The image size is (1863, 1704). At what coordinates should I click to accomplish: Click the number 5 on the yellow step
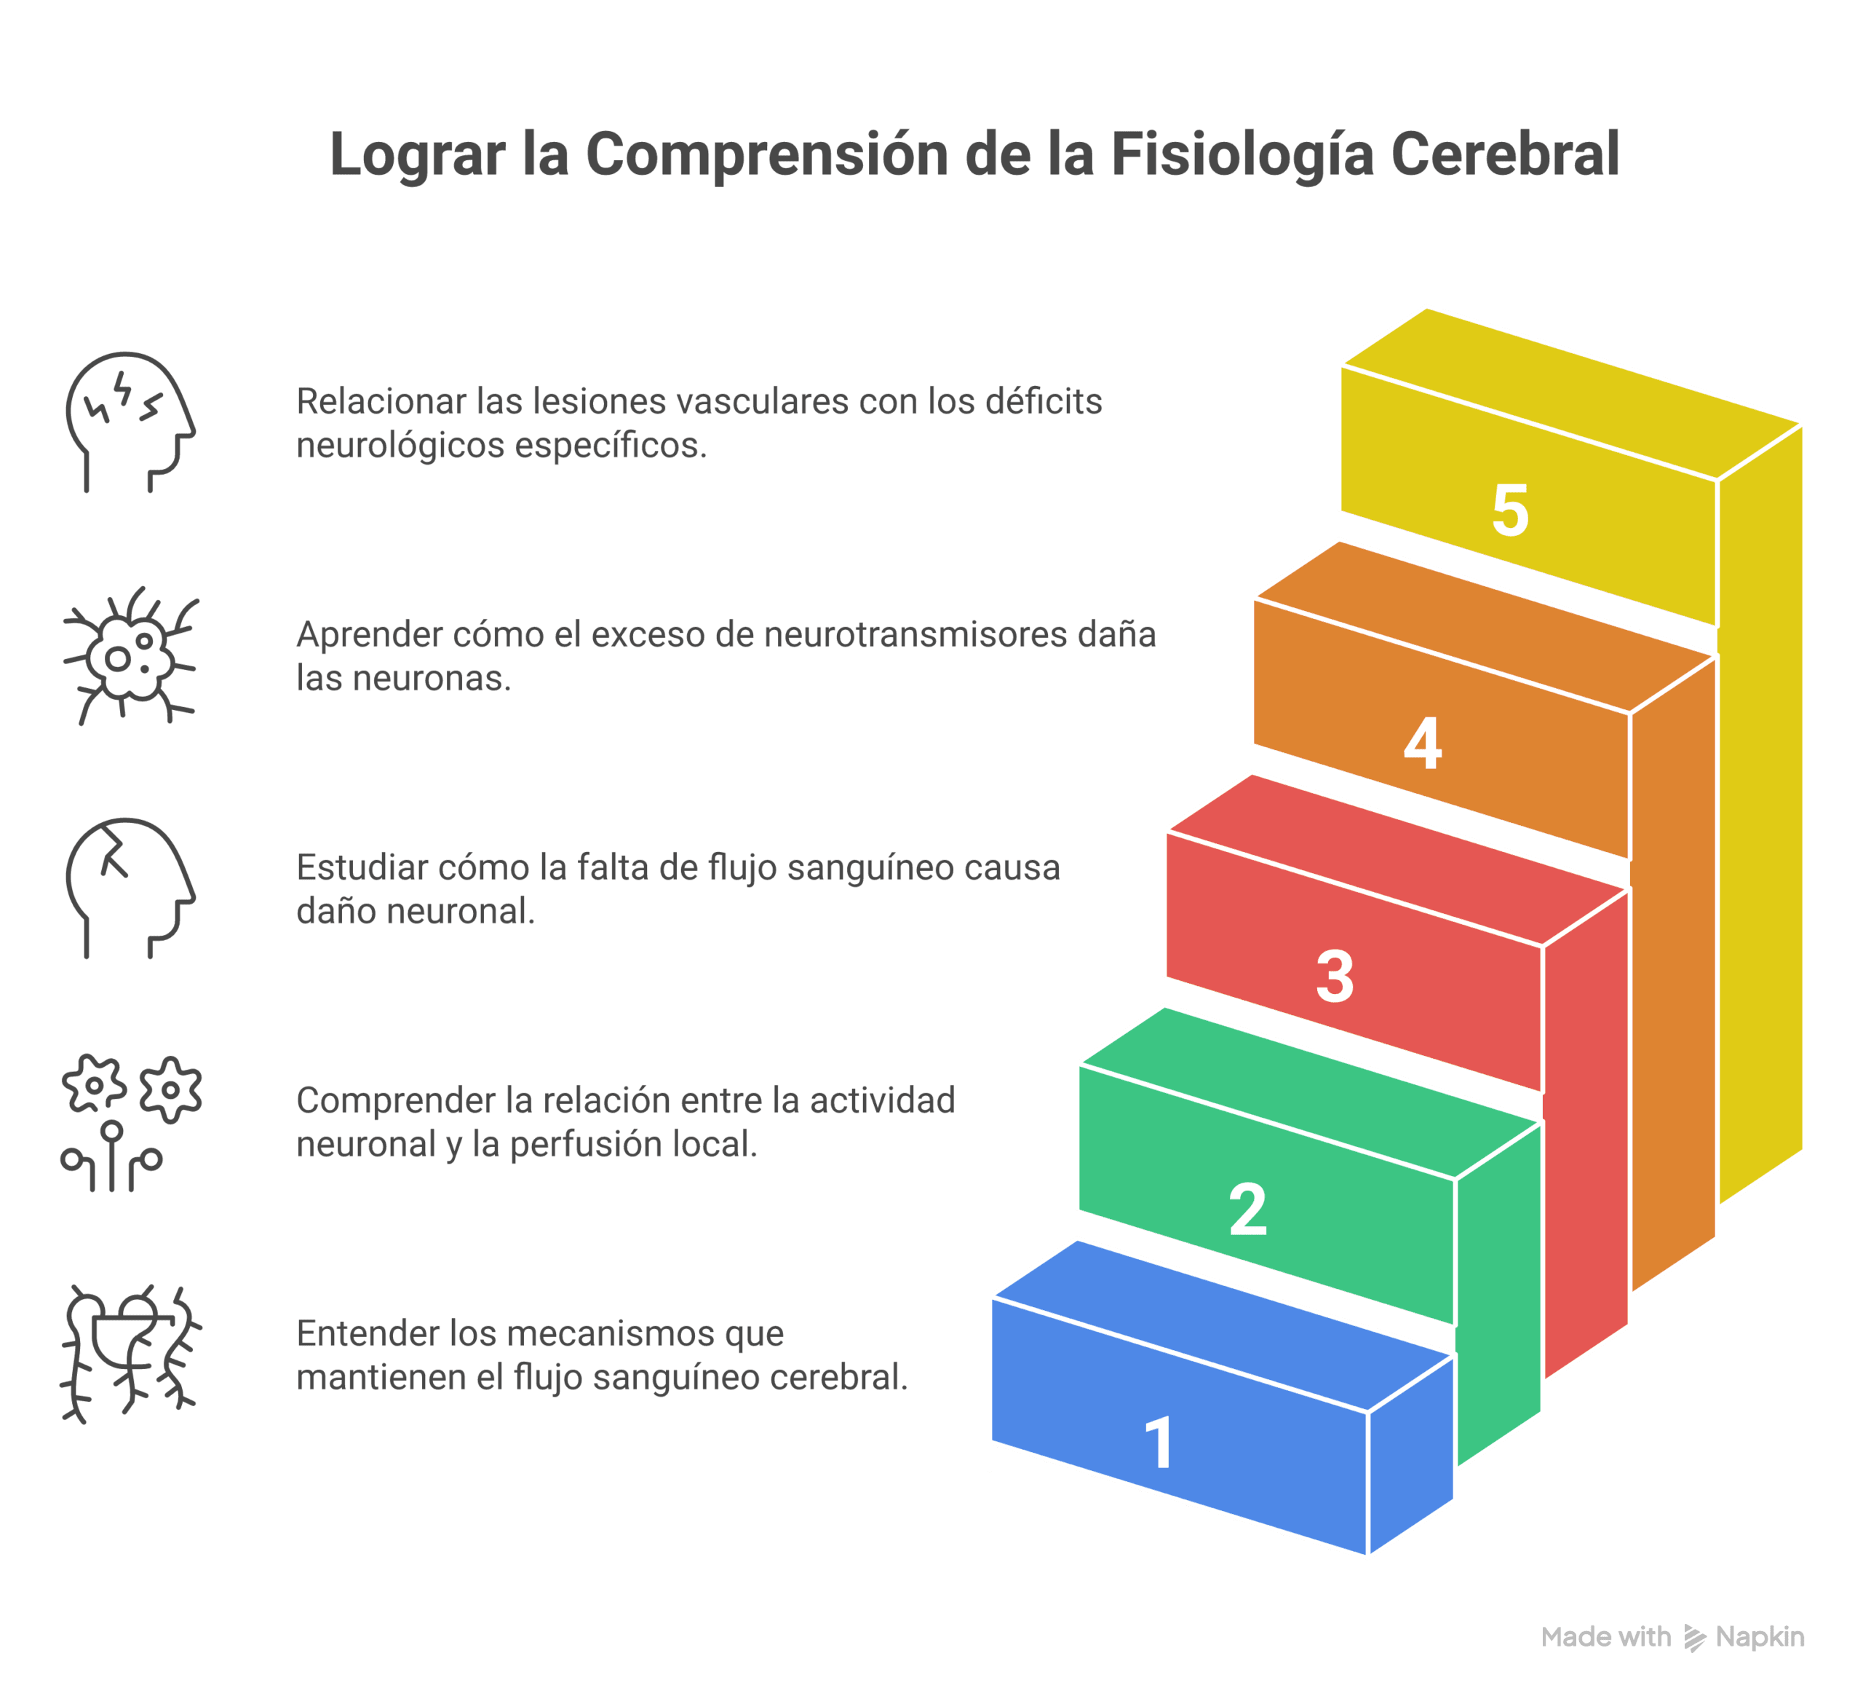click(1510, 510)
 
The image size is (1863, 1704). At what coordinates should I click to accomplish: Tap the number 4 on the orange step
click(1422, 743)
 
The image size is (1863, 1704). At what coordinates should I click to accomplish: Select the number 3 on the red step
click(1335, 977)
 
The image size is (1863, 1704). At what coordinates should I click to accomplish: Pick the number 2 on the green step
click(1247, 1210)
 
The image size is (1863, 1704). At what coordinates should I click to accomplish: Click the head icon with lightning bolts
click(130, 422)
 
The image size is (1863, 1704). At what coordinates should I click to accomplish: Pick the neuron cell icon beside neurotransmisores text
click(130, 655)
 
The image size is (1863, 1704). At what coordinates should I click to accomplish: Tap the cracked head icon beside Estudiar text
click(130, 888)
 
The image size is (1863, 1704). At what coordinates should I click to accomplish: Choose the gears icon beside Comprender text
click(130, 1121)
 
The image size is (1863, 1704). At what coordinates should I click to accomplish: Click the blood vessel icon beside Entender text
click(130, 1354)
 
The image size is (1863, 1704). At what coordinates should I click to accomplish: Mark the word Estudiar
click(364, 868)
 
